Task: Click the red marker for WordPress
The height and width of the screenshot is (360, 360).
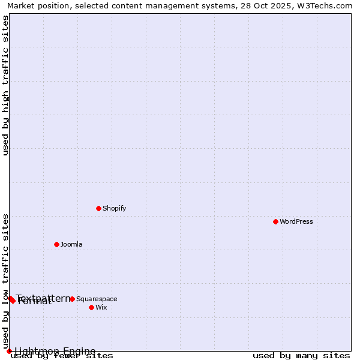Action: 275,221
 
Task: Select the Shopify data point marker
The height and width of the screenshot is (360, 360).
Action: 98,208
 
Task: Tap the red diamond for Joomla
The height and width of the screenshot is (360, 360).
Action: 56,244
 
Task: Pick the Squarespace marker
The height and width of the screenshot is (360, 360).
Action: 72,299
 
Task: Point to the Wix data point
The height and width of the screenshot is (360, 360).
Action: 91,307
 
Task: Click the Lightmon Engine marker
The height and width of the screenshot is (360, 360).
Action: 9,351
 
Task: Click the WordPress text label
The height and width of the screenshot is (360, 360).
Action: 296,221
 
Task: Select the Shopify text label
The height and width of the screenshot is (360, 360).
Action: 114,208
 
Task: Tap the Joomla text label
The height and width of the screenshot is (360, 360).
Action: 71,244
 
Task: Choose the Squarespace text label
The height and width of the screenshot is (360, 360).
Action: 97,299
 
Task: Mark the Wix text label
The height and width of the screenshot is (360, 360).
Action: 101,307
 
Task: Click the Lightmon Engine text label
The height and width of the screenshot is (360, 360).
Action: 55,351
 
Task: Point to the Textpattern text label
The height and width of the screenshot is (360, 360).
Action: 43,298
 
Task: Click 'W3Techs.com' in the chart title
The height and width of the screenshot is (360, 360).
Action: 326,5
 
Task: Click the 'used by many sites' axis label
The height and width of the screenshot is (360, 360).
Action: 301,355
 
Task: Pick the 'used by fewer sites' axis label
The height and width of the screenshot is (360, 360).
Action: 62,355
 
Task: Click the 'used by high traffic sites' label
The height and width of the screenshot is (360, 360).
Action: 5,85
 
